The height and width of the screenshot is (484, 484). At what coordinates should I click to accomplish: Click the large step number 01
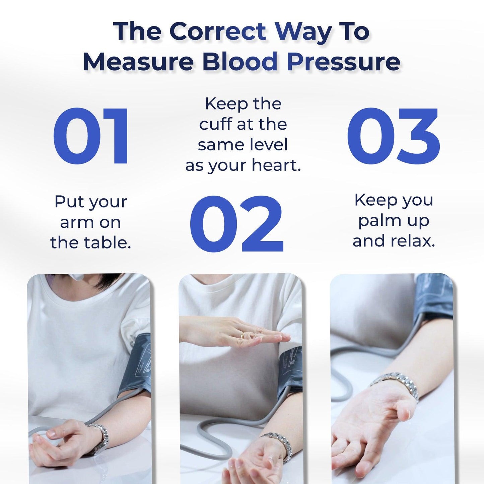pos(91,136)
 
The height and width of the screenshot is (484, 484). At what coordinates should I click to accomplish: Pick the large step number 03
pos(394,136)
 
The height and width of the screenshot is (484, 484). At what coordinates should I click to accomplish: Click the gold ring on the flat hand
pos(243,335)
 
